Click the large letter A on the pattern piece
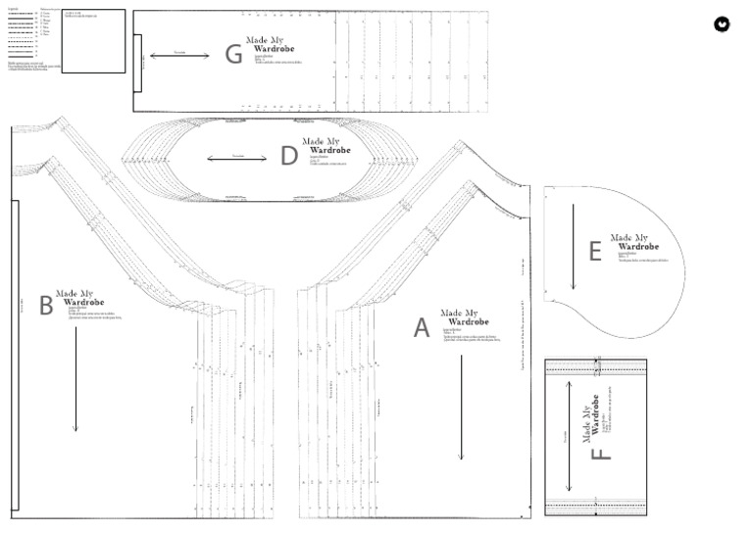click(x=422, y=328)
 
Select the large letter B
click(x=46, y=306)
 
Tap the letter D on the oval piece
click(x=288, y=156)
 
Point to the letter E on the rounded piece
click(x=595, y=252)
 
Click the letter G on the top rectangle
click(x=233, y=54)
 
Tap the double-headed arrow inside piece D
click(x=237, y=158)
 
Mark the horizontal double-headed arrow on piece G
click(x=179, y=55)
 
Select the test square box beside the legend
click(x=93, y=41)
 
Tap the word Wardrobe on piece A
click(x=464, y=322)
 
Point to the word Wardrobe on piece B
click(x=83, y=302)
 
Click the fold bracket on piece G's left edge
click(x=137, y=60)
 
